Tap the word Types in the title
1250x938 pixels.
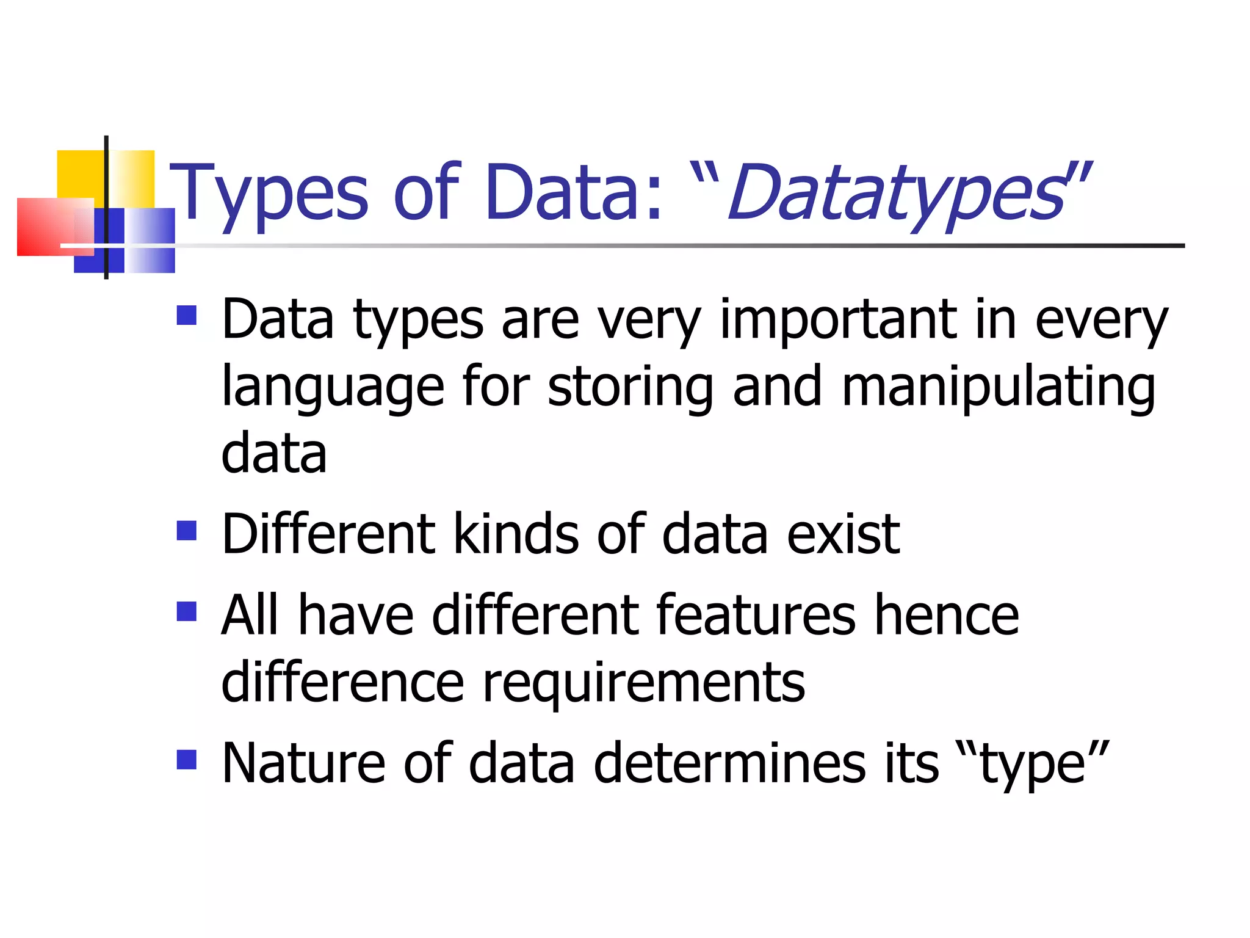(x=269, y=194)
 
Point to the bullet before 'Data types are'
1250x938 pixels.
(x=187, y=315)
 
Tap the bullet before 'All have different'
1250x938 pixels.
(x=187, y=611)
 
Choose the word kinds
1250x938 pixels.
(x=516, y=534)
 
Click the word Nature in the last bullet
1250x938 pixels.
(x=303, y=763)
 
